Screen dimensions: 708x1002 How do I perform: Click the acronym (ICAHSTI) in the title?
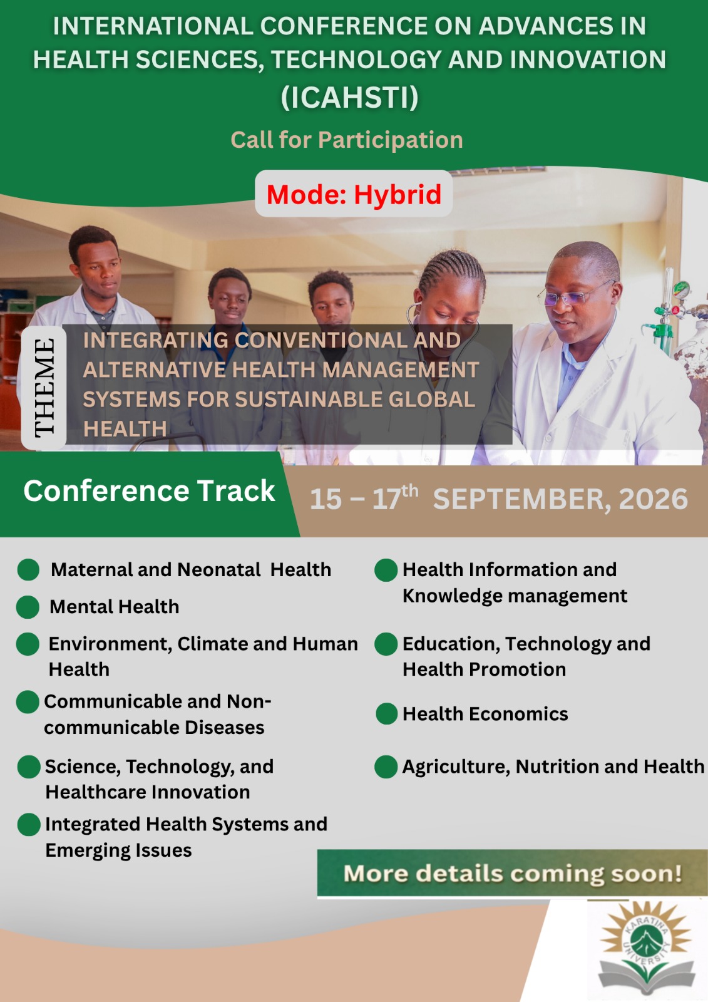(x=350, y=97)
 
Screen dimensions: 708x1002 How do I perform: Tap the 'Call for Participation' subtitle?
(x=347, y=140)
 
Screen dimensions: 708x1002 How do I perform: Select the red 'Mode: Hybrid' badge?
(x=354, y=194)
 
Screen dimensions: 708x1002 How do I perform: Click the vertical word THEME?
(x=44, y=388)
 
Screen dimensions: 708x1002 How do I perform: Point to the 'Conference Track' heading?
(x=149, y=491)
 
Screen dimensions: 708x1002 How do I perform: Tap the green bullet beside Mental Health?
(x=28, y=607)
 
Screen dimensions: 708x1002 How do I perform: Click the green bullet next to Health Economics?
(x=387, y=713)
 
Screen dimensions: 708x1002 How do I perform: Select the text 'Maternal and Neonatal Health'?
(x=191, y=569)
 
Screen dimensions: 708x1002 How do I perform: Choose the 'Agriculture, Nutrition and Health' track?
(x=553, y=767)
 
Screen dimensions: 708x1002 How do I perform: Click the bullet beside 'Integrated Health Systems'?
(x=29, y=824)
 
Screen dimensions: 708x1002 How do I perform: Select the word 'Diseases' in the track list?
(x=225, y=727)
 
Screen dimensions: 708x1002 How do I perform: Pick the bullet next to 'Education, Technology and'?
(x=386, y=644)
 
